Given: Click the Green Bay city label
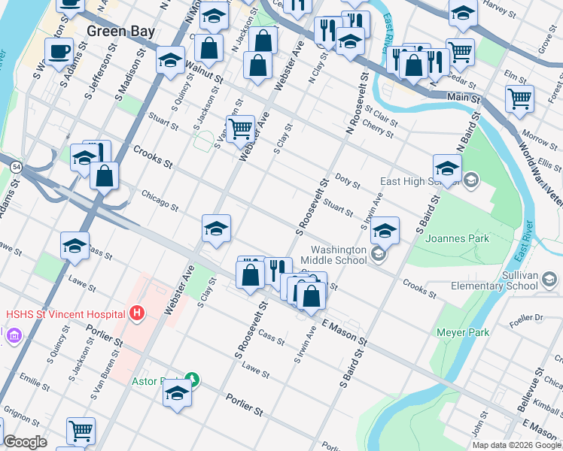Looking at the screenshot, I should (x=120, y=31).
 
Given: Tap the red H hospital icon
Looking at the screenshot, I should (x=136, y=312).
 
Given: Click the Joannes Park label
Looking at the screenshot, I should (x=457, y=239).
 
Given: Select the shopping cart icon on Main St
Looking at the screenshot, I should (x=519, y=98).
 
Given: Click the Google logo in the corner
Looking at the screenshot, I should (x=25, y=442).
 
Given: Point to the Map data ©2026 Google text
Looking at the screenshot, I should (x=516, y=445).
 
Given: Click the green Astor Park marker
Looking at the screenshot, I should (x=193, y=380).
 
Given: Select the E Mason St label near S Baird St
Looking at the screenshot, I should (x=343, y=333).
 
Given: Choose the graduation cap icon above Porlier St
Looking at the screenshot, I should (x=177, y=393).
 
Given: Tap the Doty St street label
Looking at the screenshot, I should (x=348, y=181).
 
